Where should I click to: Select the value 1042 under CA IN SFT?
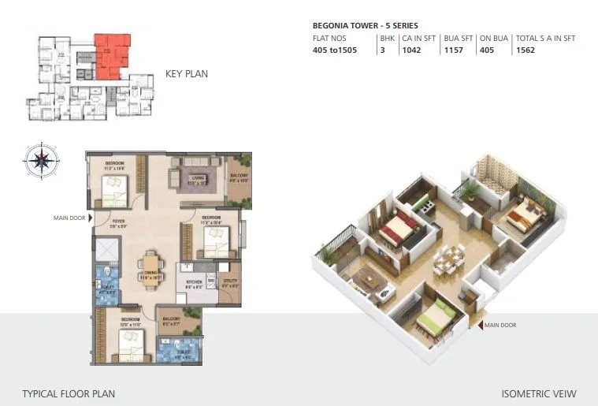click(412, 50)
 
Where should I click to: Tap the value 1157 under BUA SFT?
click(455, 50)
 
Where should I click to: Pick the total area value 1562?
click(526, 50)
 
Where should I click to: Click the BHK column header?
click(387, 37)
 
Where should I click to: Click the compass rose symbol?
click(41, 160)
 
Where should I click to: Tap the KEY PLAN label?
click(187, 74)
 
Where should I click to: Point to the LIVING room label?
click(198, 178)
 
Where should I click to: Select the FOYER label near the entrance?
click(118, 222)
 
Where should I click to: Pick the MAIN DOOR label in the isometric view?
click(500, 325)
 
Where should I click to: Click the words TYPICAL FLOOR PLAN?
click(69, 393)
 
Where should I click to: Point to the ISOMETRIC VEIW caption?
click(539, 393)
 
